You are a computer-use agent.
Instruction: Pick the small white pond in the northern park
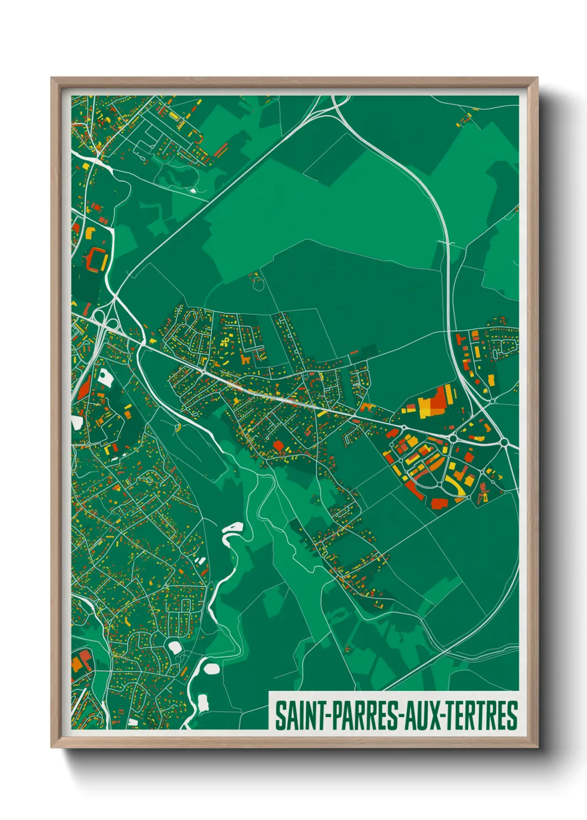click(193, 190)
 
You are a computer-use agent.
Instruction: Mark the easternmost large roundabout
click(505, 442)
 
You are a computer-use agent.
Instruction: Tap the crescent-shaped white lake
click(232, 531)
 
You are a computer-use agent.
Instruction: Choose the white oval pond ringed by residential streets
click(175, 647)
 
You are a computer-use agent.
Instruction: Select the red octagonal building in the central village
click(278, 445)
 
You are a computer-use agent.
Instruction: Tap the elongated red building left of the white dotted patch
click(84, 388)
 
